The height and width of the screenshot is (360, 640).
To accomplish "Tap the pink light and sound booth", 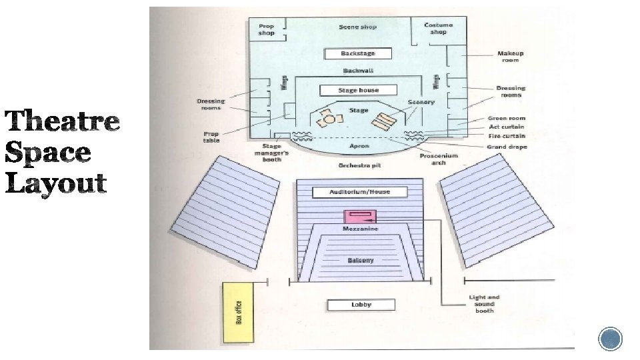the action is (x=361, y=216).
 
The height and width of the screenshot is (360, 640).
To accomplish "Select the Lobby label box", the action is (x=361, y=305).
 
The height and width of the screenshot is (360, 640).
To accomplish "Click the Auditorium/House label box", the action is (x=359, y=192).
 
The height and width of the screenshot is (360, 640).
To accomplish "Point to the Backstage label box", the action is (x=358, y=53).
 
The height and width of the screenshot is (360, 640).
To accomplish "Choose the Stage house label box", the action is (x=358, y=90).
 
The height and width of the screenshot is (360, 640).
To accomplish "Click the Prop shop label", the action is (x=267, y=29).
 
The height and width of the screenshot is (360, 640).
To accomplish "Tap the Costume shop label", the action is (x=438, y=28).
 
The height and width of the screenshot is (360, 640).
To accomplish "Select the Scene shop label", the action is (x=358, y=27).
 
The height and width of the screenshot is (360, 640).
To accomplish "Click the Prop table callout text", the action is (x=211, y=137).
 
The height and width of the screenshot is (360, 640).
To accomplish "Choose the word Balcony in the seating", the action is (x=361, y=260).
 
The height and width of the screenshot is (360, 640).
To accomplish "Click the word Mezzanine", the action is (x=361, y=229).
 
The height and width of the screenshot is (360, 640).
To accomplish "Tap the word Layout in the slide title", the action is (x=57, y=183).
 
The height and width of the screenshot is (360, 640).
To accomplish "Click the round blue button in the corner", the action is (x=610, y=339).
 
